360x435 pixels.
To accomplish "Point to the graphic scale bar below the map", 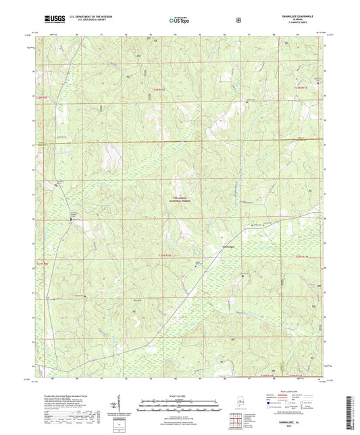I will (180, 403).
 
